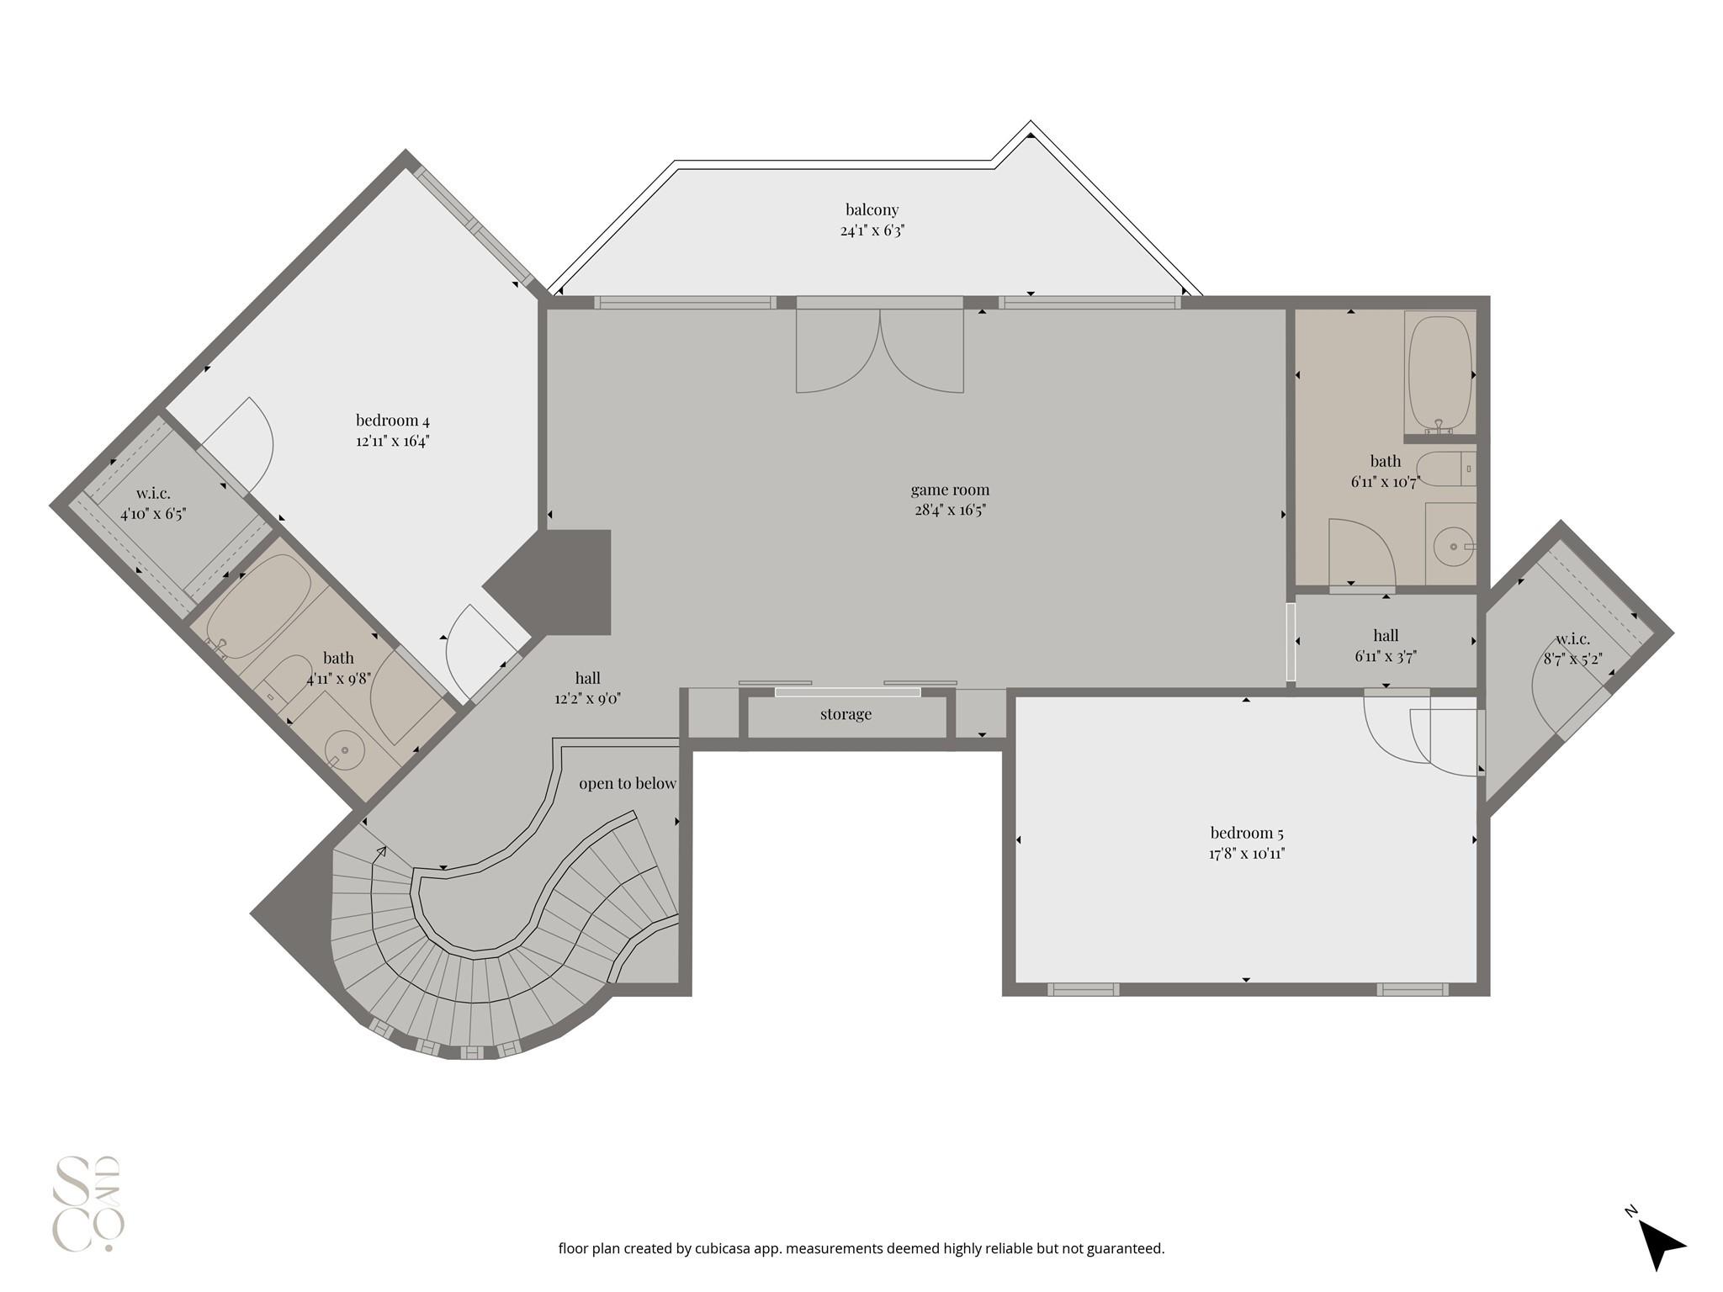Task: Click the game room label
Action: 950,490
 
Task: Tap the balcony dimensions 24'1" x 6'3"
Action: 872,230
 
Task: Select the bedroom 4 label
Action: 392,420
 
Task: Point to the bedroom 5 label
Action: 1246,833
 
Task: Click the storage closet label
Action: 846,714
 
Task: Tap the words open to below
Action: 627,783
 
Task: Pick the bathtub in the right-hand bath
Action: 1439,373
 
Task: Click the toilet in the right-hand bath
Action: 1443,469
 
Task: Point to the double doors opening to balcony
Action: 879,349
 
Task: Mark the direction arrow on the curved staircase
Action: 380,853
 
